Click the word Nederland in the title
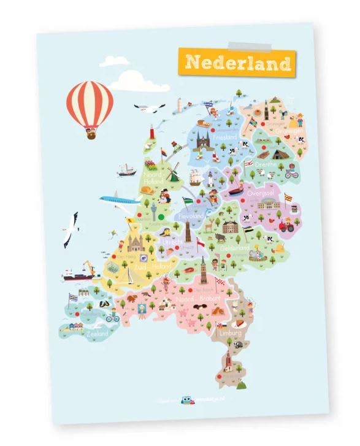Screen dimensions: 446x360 click(x=237, y=63)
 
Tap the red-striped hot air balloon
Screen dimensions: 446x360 click(x=90, y=103)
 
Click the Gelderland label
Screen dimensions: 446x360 click(x=235, y=247)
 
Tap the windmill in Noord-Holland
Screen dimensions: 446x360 click(x=173, y=172)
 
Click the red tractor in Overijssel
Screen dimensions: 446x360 click(x=287, y=225)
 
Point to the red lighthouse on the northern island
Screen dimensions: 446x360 click(x=151, y=131)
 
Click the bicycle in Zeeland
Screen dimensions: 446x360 click(x=112, y=317)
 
